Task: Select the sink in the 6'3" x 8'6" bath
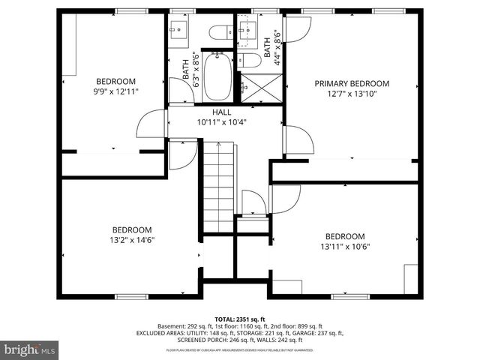(x=178, y=31)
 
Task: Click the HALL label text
(x=221, y=112)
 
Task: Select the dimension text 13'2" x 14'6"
(x=132, y=240)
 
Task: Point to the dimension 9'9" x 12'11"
(x=115, y=91)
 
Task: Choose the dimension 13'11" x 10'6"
(x=345, y=245)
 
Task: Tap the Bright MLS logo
(x=29, y=349)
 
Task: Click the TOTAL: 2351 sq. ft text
(x=239, y=319)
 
